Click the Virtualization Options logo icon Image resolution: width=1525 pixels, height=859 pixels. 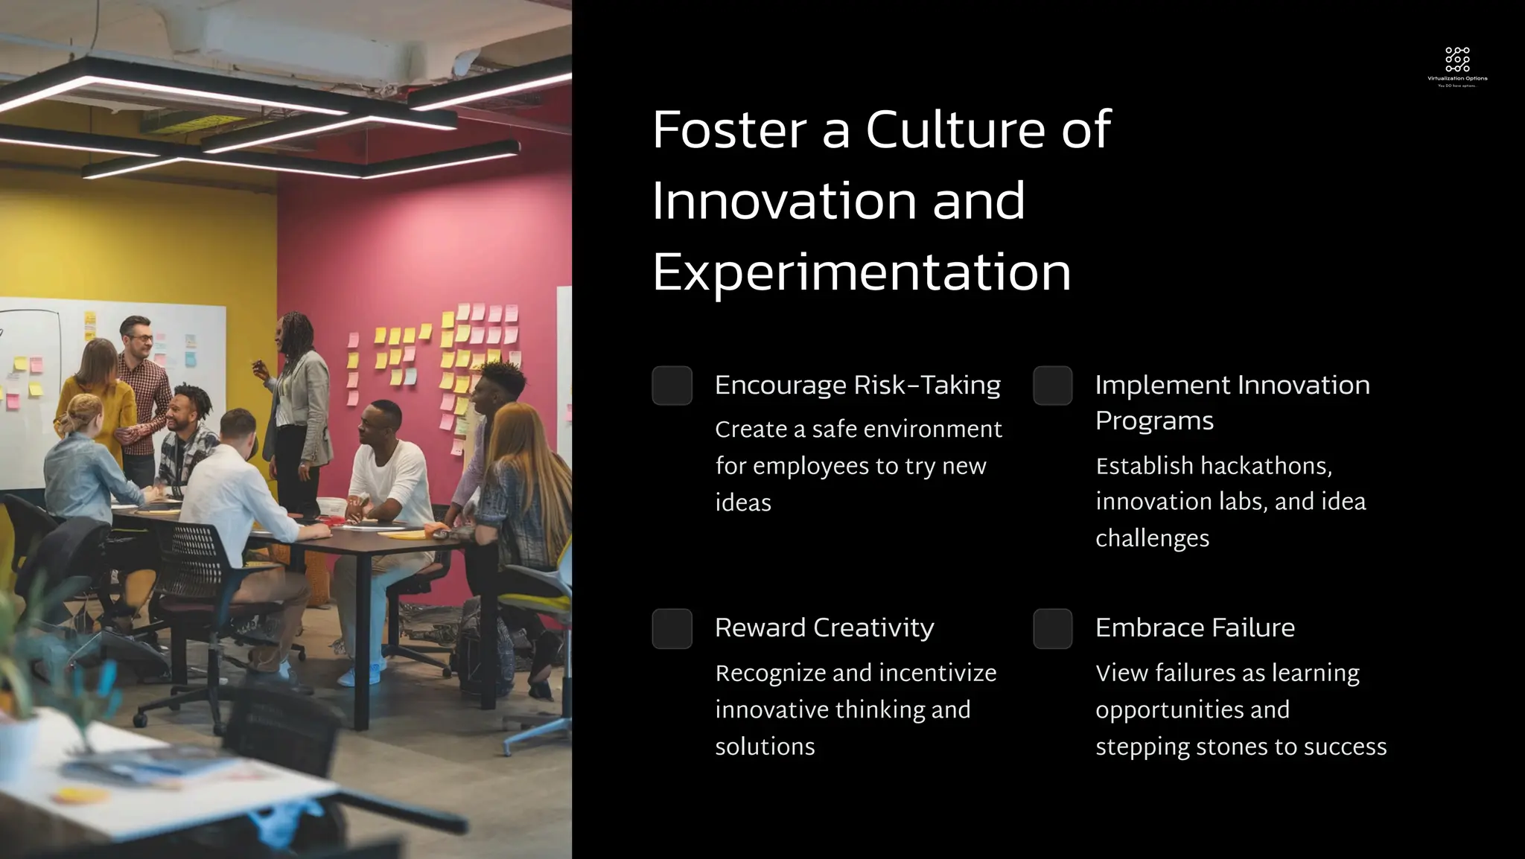[x=1457, y=60]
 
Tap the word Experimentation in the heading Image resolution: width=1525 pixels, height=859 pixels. [x=862, y=272]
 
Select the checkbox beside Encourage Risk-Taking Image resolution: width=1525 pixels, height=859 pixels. [x=672, y=386]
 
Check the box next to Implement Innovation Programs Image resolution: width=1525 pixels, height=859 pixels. [x=1052, y=386]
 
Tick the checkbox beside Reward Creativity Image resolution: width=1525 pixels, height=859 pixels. [x=672, y=628]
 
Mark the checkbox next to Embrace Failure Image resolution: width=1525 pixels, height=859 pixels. [x=1052, y=628]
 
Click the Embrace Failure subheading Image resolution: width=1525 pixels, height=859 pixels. [x=1194, y=628]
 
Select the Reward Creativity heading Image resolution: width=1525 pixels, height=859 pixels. [x=824, y=628]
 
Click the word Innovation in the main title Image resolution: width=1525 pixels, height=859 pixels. [x=783, y=201]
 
